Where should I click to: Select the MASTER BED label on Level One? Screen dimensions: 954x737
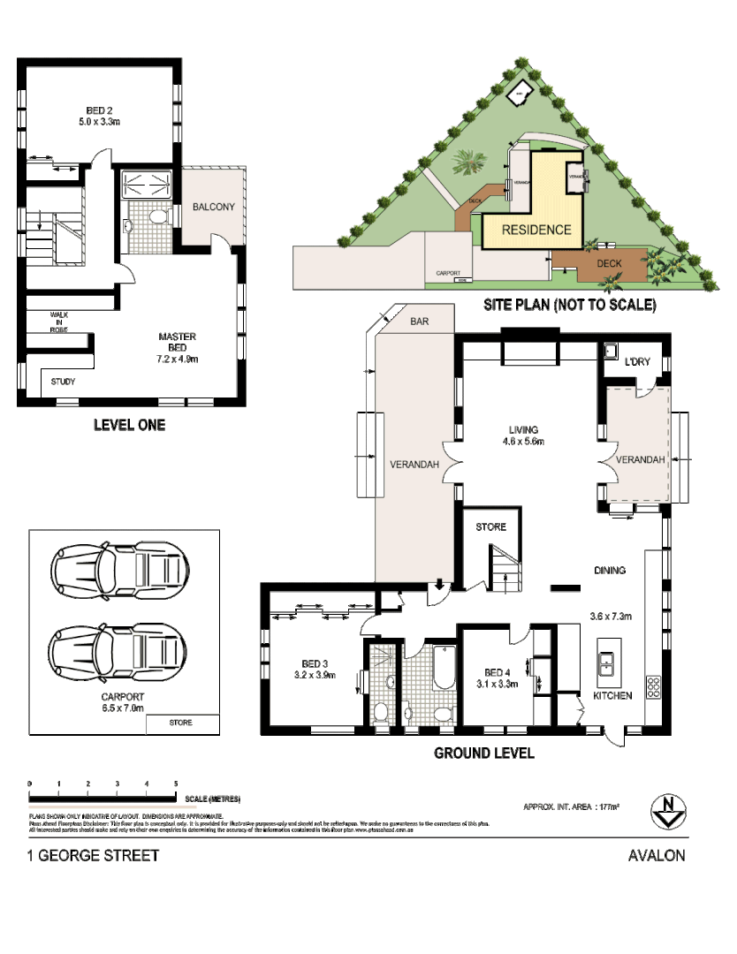click(x=177, y=347)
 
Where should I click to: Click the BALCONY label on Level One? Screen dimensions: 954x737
click(x=213, y=208)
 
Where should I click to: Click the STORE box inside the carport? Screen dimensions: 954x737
click(x=181, y=723)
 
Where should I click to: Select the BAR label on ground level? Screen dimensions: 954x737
click(x=419, y=322)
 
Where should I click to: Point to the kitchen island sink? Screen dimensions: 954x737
click(x=608, y=664)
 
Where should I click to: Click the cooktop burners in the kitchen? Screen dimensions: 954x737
click(x=654, y=686)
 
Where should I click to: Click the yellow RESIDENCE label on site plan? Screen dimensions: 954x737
click(x=536, y=230)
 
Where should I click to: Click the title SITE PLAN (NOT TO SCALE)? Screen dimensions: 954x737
click(x=569, y=306)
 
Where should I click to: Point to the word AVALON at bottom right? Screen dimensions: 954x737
click(x=656, y=855)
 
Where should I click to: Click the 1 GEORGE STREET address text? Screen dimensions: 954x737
click(x=95, y=855)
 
